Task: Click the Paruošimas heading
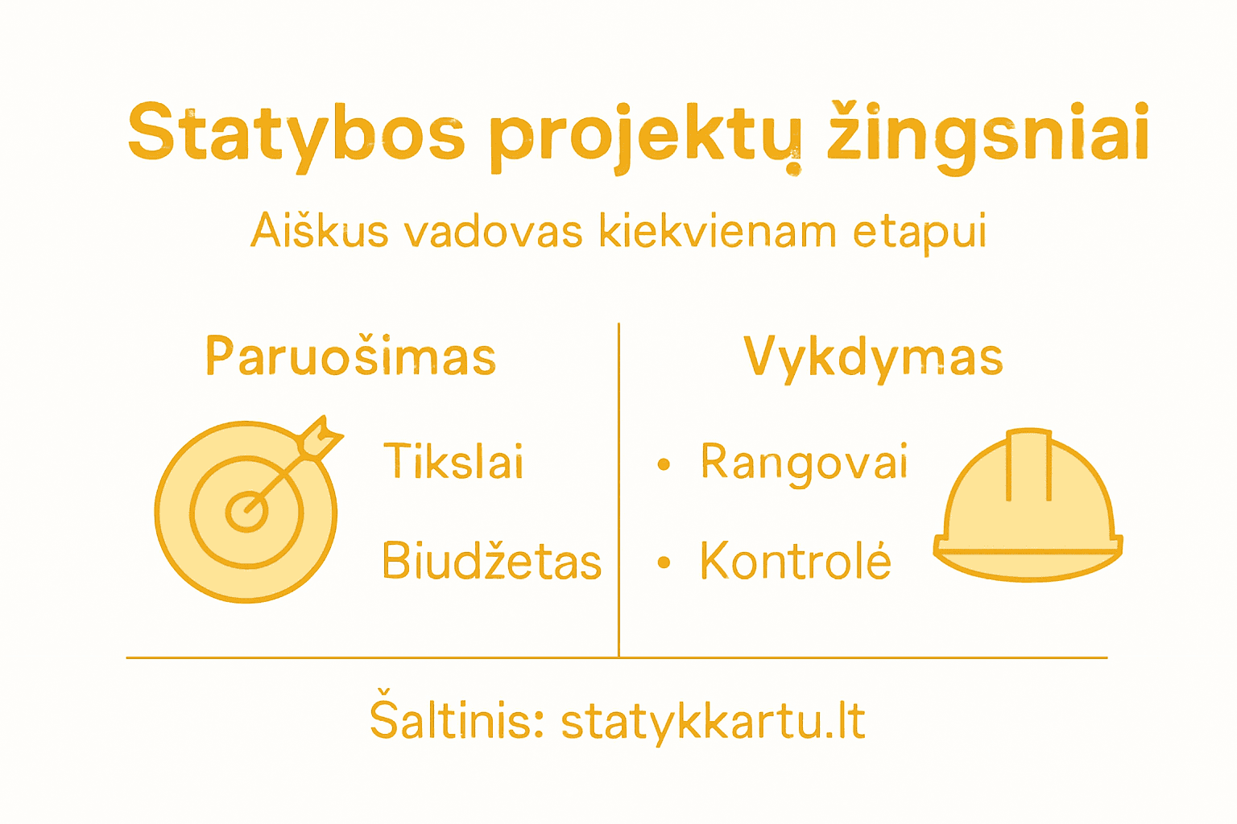351,356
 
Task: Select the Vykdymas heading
873,356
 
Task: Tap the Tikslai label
453,462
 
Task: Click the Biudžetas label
491,561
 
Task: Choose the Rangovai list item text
804,463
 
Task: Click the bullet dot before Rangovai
664,464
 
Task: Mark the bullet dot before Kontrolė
664,562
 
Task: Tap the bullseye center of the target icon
246,512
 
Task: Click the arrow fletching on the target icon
321,437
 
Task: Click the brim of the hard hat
1028,556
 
